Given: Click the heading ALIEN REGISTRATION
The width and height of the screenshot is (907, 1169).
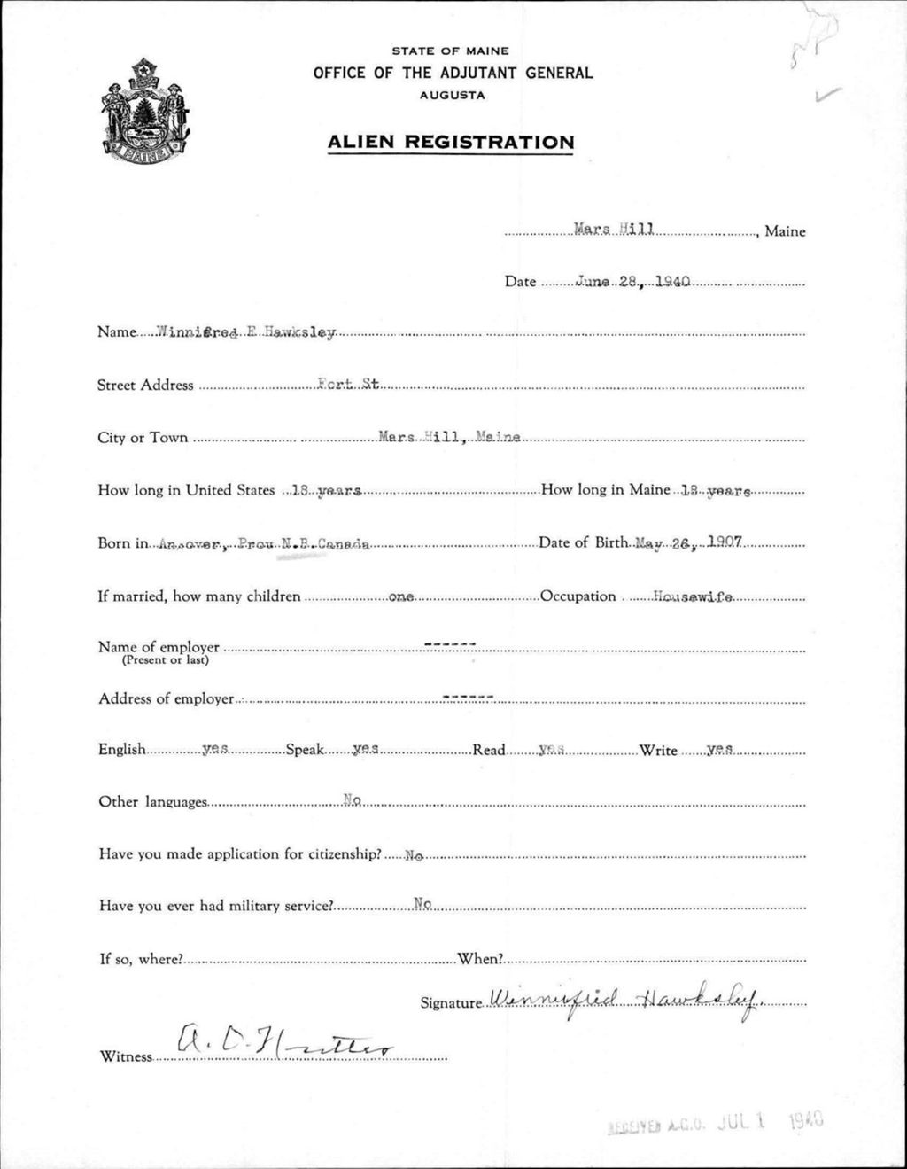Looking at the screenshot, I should tap(451, 142).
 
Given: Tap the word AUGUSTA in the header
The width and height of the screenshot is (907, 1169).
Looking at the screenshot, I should tap(453, 96).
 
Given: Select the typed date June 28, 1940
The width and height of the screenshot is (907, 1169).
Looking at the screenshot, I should tap(632, 282).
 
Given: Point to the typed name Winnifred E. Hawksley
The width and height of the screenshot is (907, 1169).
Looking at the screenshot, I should tap(246, 332).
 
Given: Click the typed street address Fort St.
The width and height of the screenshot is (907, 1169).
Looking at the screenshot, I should tap(348, 385).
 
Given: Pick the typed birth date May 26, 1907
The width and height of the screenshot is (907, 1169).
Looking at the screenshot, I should tap(688, 542).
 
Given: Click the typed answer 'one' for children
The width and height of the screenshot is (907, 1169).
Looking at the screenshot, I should tap(401, 597).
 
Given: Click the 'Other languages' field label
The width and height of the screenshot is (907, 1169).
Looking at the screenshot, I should tap(153, 802).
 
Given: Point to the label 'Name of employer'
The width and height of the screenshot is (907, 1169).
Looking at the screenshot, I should tap(159, 647).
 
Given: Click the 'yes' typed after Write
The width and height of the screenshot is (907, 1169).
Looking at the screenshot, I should tap(719, 750).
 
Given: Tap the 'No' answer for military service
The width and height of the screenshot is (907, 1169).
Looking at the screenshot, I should tap(422, 904).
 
